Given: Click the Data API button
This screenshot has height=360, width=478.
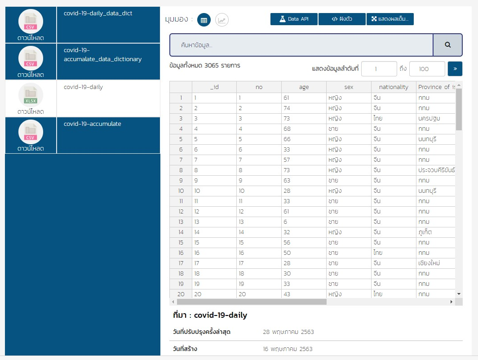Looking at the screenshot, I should pyautogui.click(x=294, y=19).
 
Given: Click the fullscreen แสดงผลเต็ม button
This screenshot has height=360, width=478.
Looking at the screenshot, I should pyautogui.click(x=389, y=19).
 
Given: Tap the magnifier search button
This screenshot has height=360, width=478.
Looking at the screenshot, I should pyautogui.click(x=447, y=45).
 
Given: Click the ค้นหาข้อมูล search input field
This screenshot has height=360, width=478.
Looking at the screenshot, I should pyautogui.click(x=301, y=45).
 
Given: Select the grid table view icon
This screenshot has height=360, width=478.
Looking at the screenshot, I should pyautogui.click(x=204, y=20).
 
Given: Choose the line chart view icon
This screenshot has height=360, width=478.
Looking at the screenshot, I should pyautogui.click(x=222, y=20).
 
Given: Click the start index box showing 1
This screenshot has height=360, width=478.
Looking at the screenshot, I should pyautogui.click(x=379, y=69).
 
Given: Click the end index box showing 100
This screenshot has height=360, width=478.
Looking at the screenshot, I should pyautogui.click(x=427, y=69).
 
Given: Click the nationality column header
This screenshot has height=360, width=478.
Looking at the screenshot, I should pyautogui.click(x=394, y=87).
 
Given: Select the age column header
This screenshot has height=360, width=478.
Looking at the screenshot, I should pyautogui.click(x=304, y=87).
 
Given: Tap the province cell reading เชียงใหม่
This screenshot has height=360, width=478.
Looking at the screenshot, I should pyautogui.click(x=429, y=263).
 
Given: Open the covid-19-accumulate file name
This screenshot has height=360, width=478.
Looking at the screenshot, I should pyautogui.click(x=93, y=124).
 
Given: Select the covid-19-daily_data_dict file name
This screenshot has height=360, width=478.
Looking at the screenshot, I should pyautogui.click(x=98, y=13).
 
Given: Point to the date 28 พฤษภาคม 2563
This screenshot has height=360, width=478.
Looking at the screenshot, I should pyautogui.click(x=288, y=332).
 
